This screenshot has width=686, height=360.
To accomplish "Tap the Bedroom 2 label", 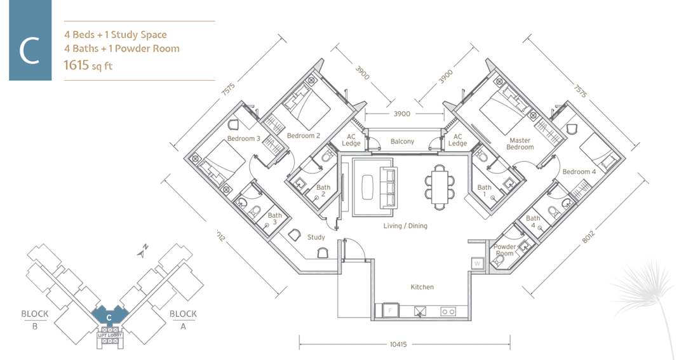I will click(303, 136).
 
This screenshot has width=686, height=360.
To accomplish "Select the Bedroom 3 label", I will click(244, 138).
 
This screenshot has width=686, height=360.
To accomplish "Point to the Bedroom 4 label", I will click(579, 171).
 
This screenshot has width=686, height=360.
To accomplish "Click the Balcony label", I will click(402, 142).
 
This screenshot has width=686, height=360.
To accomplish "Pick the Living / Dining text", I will click(405, 226).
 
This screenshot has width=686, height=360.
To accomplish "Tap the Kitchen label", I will click(422, 287).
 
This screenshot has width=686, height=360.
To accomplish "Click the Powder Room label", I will click(505, 250).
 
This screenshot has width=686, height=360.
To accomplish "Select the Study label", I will click(316, 237).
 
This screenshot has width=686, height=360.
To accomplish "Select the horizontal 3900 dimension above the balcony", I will click(401, 114).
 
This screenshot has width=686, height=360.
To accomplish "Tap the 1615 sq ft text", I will click(88, 65).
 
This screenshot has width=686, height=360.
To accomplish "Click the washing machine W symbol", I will click(476, 263).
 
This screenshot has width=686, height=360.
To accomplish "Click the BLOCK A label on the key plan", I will click(182, 319).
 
